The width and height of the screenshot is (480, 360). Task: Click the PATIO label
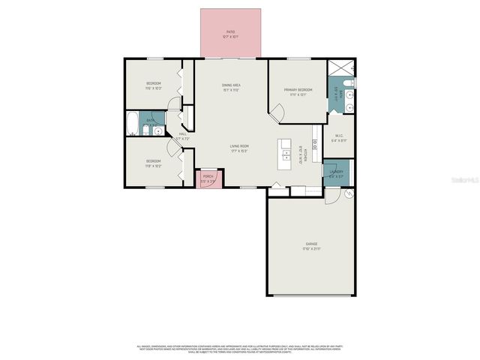[x=230, y=31]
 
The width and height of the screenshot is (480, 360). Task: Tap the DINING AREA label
[x=230, y=85]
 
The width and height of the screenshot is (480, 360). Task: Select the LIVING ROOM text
[x=239, y=146]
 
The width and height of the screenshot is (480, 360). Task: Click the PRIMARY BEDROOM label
[x=298, y=90]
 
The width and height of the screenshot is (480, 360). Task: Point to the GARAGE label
[x=311, y=244]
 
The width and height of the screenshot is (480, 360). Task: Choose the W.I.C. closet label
[x=340, y=136]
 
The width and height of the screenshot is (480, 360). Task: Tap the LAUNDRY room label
[x=335, y=172]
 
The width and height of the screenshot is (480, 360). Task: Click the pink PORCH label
[x=208, y=176]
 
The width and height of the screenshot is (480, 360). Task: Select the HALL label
[x=182, y=135]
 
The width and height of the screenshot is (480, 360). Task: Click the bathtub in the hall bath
[x=133, y=123]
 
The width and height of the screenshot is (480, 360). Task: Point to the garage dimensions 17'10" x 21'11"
[x=311, y=249]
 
